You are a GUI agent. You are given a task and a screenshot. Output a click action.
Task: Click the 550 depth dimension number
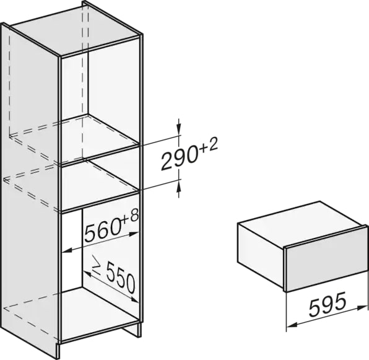pyautogui.click(x=121, y=279)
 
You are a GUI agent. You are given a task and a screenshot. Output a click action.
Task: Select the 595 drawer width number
pyautogui.click(x=328, y=305)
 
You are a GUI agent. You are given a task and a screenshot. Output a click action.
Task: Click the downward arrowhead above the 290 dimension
pyautogui.click(x=179, y=126)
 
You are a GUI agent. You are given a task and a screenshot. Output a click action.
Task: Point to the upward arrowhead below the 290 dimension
pyautogui.click(x=179, y=188)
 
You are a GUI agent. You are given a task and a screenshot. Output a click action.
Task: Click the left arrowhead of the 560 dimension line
pyautogui.click(x=67, y=250)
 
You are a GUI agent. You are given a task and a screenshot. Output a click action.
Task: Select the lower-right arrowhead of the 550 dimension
pyautogui.click(x=134, y=299)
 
